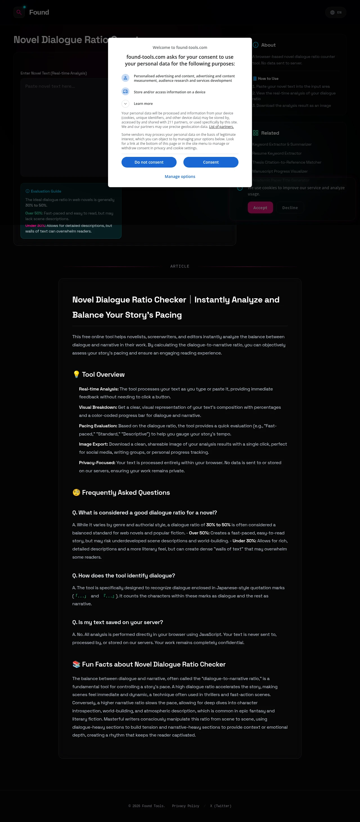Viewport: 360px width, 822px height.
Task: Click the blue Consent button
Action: [211, 162]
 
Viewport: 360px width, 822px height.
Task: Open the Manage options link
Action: [180, 177]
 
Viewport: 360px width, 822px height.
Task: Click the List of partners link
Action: [221, 127]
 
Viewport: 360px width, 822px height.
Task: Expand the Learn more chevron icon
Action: [125, 104]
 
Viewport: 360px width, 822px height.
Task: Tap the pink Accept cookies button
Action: [260, 208]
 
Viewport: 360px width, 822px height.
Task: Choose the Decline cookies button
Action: [290, 208]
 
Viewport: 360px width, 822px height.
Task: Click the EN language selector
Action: [336, 12]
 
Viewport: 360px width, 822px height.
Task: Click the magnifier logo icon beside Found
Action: [19, 12]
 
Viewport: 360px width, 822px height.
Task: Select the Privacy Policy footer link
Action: [185, 806]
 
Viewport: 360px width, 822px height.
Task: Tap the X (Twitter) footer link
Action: [220, 806]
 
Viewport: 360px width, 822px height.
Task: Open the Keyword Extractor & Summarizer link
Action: [282, 144]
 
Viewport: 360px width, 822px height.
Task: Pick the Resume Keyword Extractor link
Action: [277, 153]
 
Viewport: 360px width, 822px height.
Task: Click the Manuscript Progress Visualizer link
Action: [280, 171]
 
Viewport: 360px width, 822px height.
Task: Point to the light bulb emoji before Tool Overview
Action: [76, 374]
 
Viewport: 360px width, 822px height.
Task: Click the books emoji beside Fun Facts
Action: [76, 664]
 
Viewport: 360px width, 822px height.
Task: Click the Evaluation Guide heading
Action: [46, 191]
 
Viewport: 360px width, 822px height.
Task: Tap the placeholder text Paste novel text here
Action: [50, 86]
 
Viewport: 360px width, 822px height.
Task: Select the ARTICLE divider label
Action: [180, 267]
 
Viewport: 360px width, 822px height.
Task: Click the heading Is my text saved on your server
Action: [118, 622]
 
